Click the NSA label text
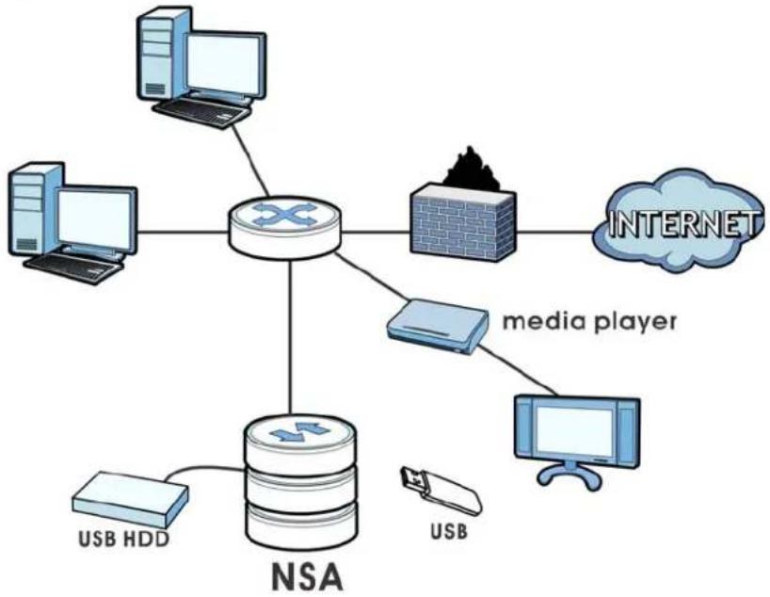pos(307,577)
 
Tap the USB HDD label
pos(123,539)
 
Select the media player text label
pos(589,322)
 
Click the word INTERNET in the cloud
pos(682,224)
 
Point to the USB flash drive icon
pos(441,491)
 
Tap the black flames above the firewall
pos(472,169)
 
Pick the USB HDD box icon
pos(130,500)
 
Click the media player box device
pos(437,325)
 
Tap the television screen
pos(574,432)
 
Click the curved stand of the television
pos(569,475)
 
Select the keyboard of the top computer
pos(201,111)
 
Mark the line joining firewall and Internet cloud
pos(556,232)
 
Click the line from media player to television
pos(518,370)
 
